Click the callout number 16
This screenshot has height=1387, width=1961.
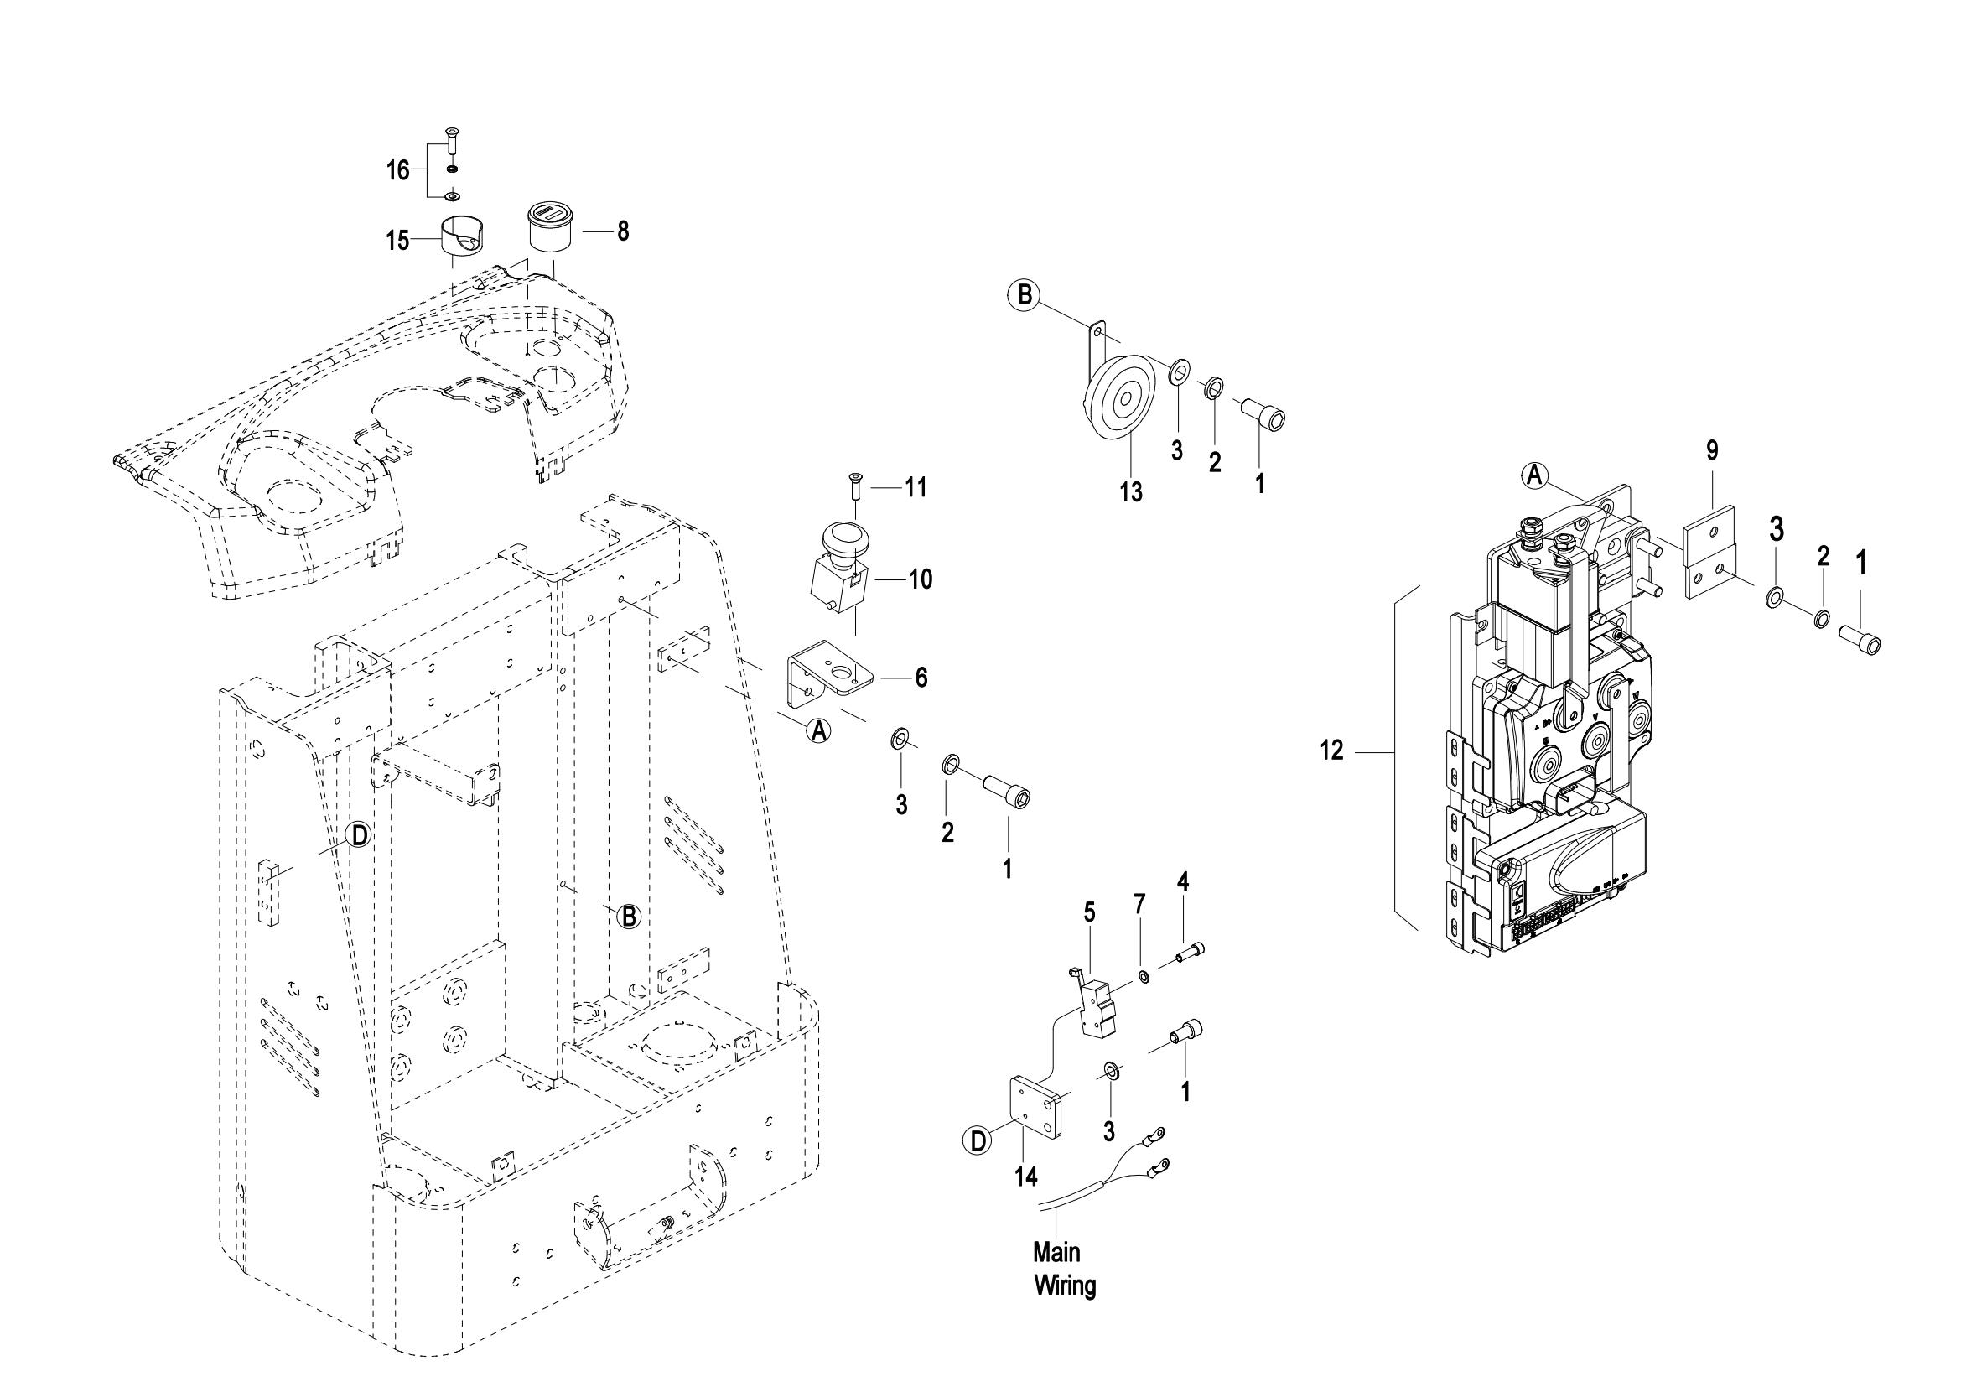(398, 171)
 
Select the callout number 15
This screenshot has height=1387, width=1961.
(397, 241)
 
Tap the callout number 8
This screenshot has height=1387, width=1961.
(623, 231)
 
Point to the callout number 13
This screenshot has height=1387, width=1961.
(1131, 492)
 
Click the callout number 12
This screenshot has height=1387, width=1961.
(1331, 751)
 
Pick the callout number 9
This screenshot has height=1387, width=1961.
(1712, 450)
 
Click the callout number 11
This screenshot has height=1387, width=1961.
(916, 488)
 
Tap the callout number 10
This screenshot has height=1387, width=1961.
(920, 579)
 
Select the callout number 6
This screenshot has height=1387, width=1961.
(921, 678)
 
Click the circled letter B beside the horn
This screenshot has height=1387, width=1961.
(1024, 295)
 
